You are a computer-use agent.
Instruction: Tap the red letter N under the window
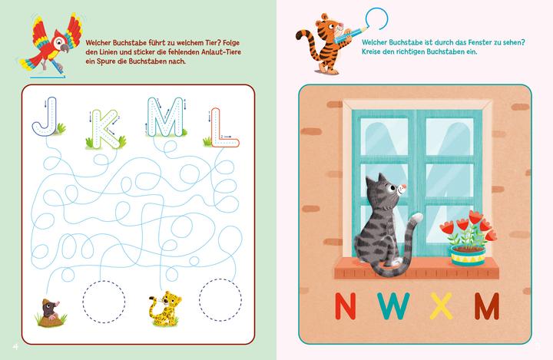[x=349, y=306]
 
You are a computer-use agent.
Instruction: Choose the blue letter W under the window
[x=392, y=306]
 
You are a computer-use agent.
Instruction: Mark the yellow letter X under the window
[x=440, y=306]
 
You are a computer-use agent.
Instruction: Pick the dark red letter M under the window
[x=485, y=306]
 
